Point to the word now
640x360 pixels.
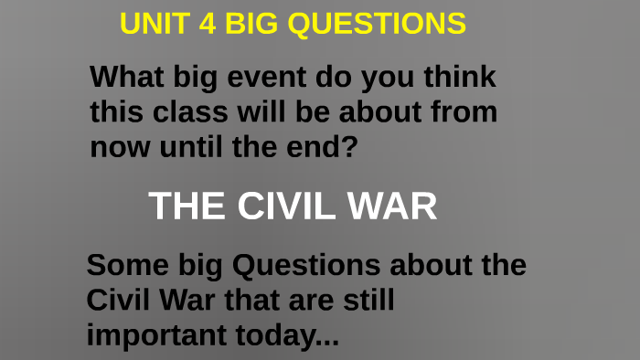coord(116,145)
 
